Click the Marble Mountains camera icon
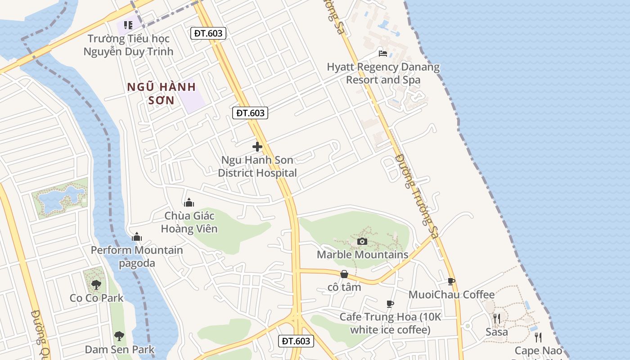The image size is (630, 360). pos(362,242)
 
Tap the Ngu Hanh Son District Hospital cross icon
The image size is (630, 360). pos(257,147)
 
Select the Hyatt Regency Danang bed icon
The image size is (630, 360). pos(383,54)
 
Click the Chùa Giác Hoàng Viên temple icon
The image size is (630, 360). pos(189,202)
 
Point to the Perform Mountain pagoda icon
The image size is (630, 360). pos(137,237)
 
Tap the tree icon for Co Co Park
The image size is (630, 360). pos(96,284)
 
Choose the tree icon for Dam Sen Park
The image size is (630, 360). pos(119,336)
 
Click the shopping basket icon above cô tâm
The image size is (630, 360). pos(344,274)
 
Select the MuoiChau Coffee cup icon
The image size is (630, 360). pos(451,282)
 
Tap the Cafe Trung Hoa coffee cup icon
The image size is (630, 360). pos(390,304)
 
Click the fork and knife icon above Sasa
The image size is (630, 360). pos(497,319)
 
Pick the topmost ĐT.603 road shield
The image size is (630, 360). pos(208,33)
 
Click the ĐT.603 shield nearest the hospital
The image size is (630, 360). pos(251,113)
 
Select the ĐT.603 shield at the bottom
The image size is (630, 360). pos(296,341)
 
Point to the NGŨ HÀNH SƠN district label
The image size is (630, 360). pos(162,93)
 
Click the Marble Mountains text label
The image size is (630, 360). pos(362,255)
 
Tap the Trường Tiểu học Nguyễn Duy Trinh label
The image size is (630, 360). pos(128,45)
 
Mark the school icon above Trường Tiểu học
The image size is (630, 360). pos(128,25)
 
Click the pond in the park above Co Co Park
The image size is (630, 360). pos(61,198)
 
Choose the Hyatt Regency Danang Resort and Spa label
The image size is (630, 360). pos(383,74)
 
